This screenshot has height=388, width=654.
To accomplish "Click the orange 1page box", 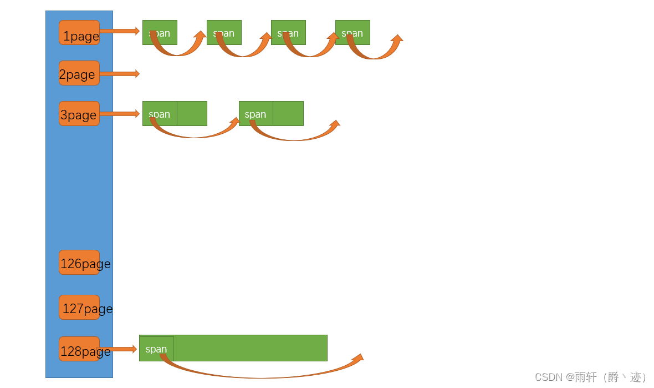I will click(79, 33).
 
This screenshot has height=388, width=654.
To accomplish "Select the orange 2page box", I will click(79, 73).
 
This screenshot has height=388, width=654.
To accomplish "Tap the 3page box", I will click(79, 114).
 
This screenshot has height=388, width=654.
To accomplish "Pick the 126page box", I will click(79, 263).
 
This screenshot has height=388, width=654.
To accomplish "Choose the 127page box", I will click(79, 308).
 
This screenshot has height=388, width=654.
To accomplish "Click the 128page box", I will click(79, 349).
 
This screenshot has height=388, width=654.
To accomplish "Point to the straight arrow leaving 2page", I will click(119, 73).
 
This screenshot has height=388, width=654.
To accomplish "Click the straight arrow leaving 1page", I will click(119, 31).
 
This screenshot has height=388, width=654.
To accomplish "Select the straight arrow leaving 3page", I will click(119, 114).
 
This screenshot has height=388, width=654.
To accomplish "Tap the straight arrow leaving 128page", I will click(117, 349).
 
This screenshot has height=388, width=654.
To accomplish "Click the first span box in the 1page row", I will click(160, 32).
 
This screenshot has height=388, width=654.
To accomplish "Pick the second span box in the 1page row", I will click(224, 32).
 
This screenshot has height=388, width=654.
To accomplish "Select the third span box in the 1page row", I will click(288, 32).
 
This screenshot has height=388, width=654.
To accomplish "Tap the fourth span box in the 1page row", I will click(352, 32).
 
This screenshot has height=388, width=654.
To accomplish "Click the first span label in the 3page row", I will click(160, 114).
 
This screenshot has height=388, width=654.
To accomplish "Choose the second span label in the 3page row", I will click(256, 114).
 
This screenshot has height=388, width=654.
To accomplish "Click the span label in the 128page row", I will click(156, 349).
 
